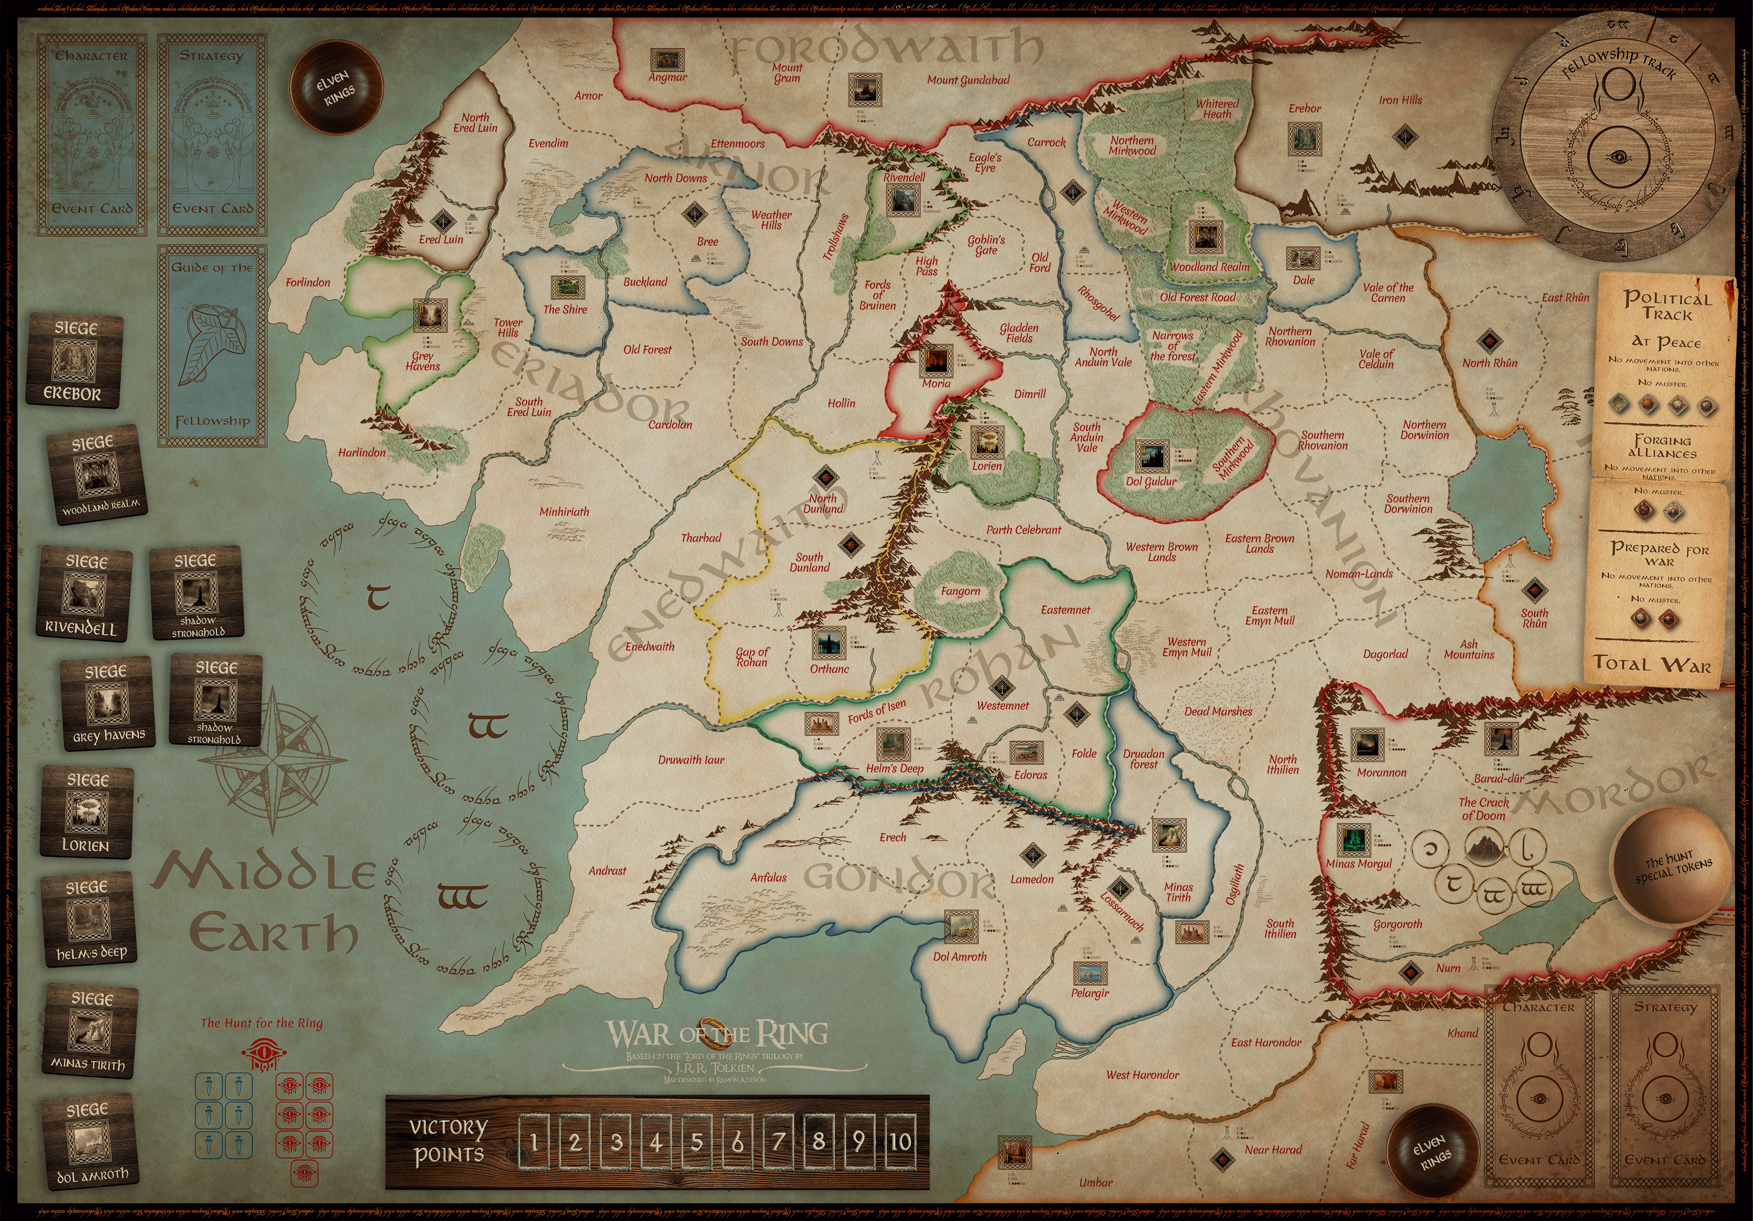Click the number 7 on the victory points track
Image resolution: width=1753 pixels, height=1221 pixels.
(x=778, y=1142)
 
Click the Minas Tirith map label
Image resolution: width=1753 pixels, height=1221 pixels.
(x=1178, y=892)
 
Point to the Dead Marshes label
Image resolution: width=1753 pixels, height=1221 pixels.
(x=1218, y=711)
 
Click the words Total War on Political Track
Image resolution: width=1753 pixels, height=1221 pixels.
(x=1652, y=663)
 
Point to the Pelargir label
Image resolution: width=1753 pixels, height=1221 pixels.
(x=1090, y=993)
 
